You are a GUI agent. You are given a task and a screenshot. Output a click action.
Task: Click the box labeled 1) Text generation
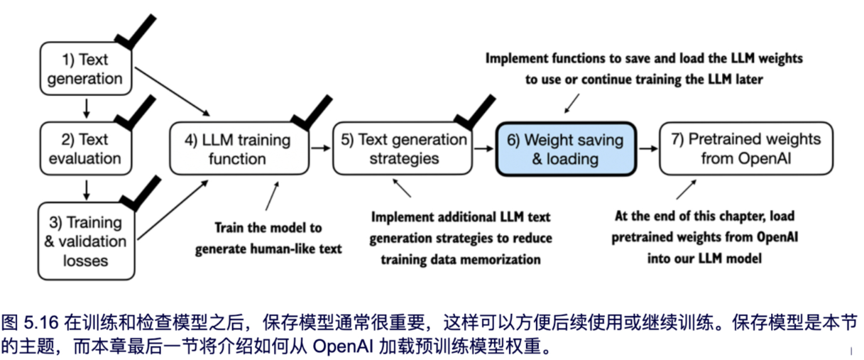85,69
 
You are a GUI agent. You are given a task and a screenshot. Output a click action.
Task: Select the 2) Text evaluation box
85,148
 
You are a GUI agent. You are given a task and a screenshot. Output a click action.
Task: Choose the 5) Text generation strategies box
403,148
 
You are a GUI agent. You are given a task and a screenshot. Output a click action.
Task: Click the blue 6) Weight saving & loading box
565,148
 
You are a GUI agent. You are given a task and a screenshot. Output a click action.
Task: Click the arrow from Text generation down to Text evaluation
86,108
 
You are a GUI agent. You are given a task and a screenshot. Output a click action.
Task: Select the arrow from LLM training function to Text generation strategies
321,148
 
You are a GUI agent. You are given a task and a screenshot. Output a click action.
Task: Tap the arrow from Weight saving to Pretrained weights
647,148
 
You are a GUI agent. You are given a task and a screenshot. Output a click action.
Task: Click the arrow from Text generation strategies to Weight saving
485,148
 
